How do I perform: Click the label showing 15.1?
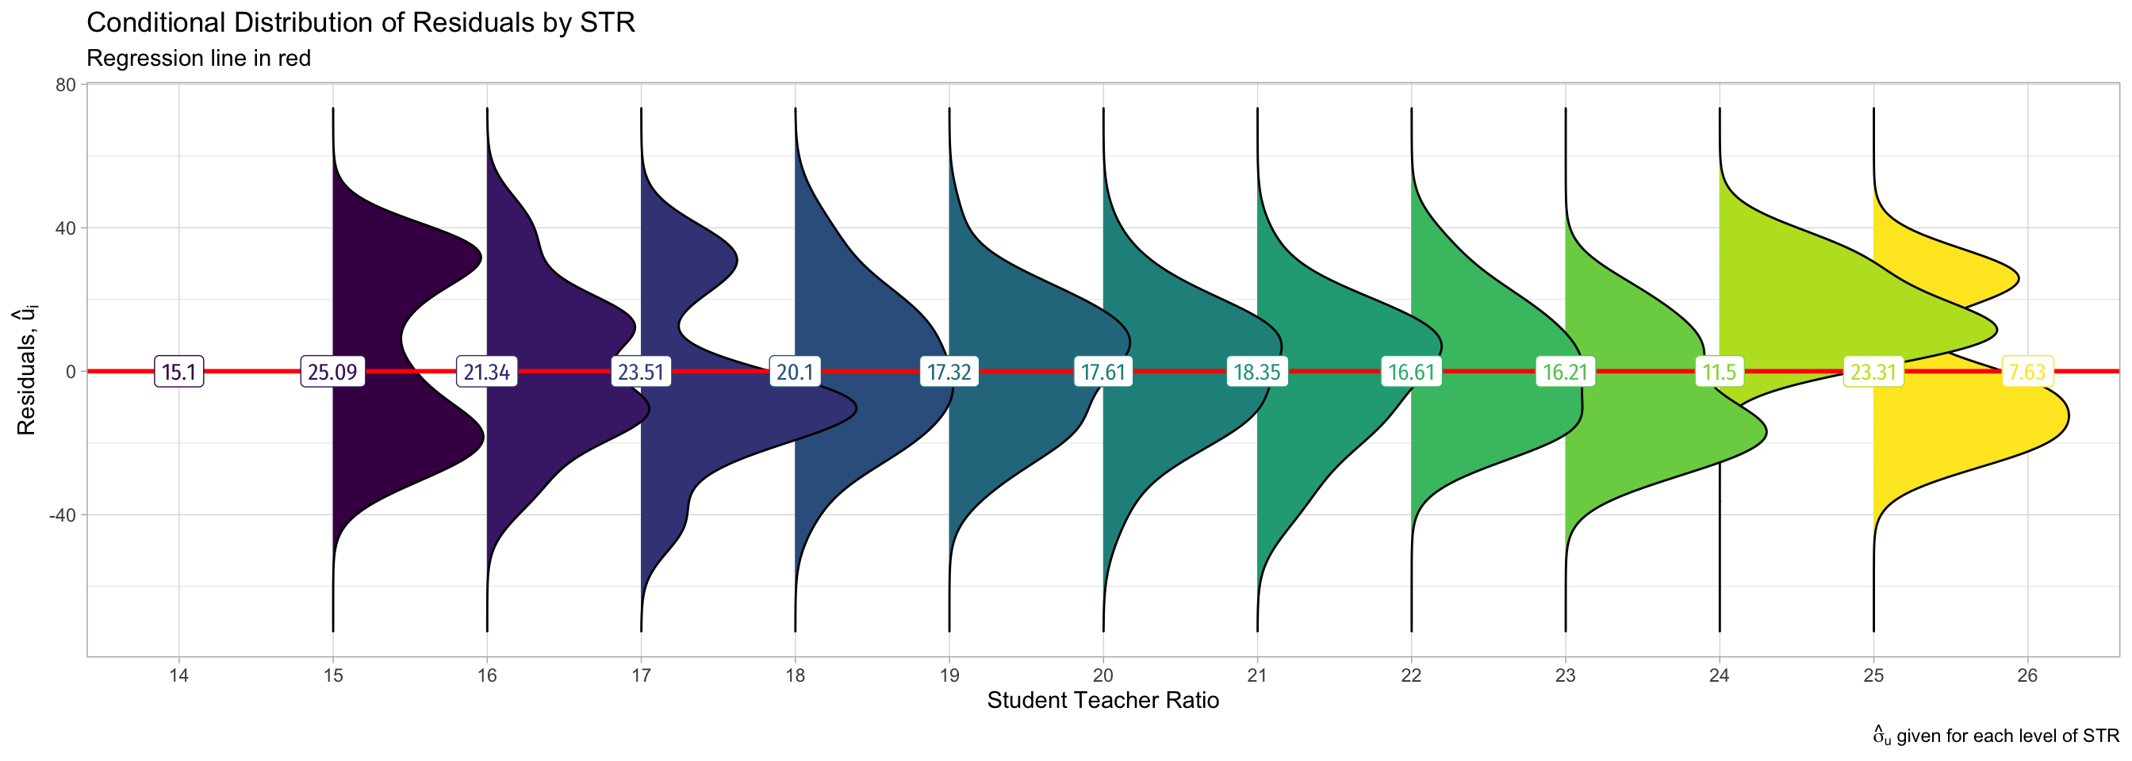(178, 373)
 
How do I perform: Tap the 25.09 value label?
(332, 373)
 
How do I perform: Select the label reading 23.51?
(641, 373)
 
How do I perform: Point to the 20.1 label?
(795, 373)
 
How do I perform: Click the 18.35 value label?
(1256, 373)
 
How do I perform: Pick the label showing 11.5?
(1719, 373)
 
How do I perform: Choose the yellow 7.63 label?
(2027, 373)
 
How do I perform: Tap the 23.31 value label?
(1873, 373)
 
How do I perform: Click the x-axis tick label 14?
(178, 676)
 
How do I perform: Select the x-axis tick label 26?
(2027, 676)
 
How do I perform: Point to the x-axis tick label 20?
(1102, 676)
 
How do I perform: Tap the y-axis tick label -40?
(62, 515)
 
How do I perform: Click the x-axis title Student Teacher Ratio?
(1102, 701)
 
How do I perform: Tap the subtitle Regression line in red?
(198, 59)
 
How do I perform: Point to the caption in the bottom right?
(1996, 736)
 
